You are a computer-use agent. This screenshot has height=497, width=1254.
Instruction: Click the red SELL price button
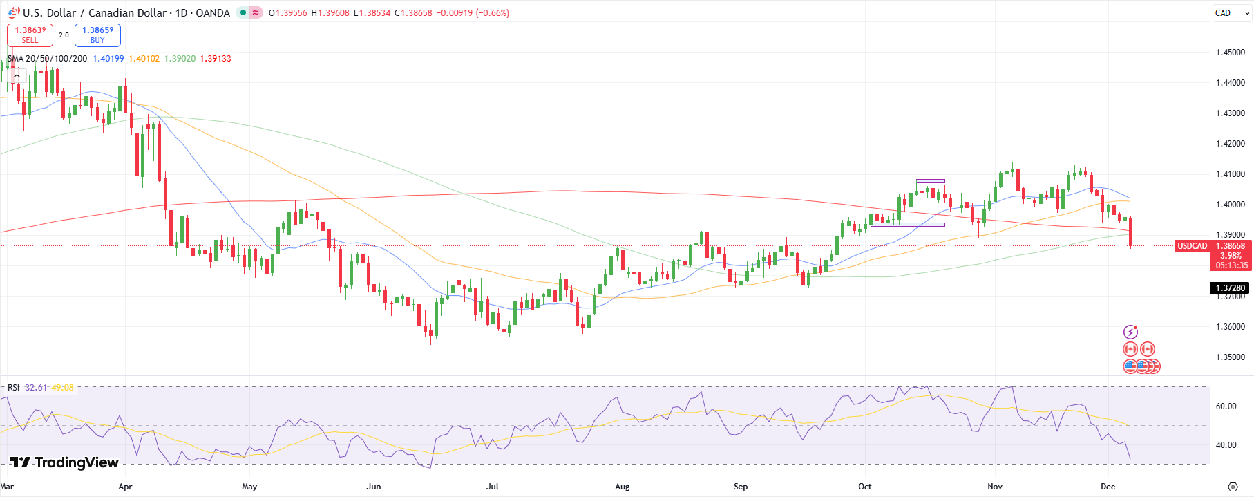pos(30,35)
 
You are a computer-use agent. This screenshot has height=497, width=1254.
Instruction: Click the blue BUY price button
pos(97,35)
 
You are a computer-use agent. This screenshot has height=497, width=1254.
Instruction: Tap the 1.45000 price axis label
pos(1230,53)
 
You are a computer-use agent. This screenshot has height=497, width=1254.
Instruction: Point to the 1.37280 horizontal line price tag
pos(1230,288)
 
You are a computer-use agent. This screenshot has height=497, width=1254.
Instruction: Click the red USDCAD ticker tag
pos(1192,246)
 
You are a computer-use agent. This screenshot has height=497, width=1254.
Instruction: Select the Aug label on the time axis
pos(622,487)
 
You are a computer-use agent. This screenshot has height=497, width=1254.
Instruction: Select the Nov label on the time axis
pos(995,487)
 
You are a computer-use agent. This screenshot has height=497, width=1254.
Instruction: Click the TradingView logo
pos(64,462)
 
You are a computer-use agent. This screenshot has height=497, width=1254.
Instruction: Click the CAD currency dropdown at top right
pos(1231,13)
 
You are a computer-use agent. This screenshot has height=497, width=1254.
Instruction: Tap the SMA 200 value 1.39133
pos(216,59)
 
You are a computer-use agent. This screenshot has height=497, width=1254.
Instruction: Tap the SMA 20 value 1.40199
pos(108,59)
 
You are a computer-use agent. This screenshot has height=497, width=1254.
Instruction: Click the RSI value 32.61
pos(36,388)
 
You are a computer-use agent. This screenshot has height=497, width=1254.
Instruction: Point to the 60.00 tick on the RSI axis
pos(1226,406)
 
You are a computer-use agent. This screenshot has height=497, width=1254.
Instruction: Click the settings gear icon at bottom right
pos(1232,487)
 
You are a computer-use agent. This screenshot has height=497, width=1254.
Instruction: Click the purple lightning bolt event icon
pos(1130,332)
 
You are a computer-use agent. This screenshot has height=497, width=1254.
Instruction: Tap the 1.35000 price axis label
pos(1230,357)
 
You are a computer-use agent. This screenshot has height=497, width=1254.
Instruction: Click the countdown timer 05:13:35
pos(1232,265)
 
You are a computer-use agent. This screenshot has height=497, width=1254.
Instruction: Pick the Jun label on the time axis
pos(374,487)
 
